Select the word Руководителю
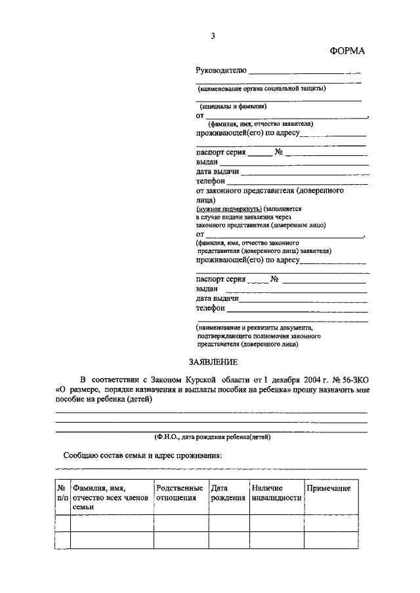tap(221, 71)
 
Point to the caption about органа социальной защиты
tap(262, 87)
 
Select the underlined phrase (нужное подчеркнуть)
tap(220, 208)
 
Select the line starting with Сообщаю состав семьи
tap(142, 455)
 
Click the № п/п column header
tap(61, 493)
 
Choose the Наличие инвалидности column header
tap(276, 493)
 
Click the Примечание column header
tap(328, 489)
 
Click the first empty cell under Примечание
tap(335, 523)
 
